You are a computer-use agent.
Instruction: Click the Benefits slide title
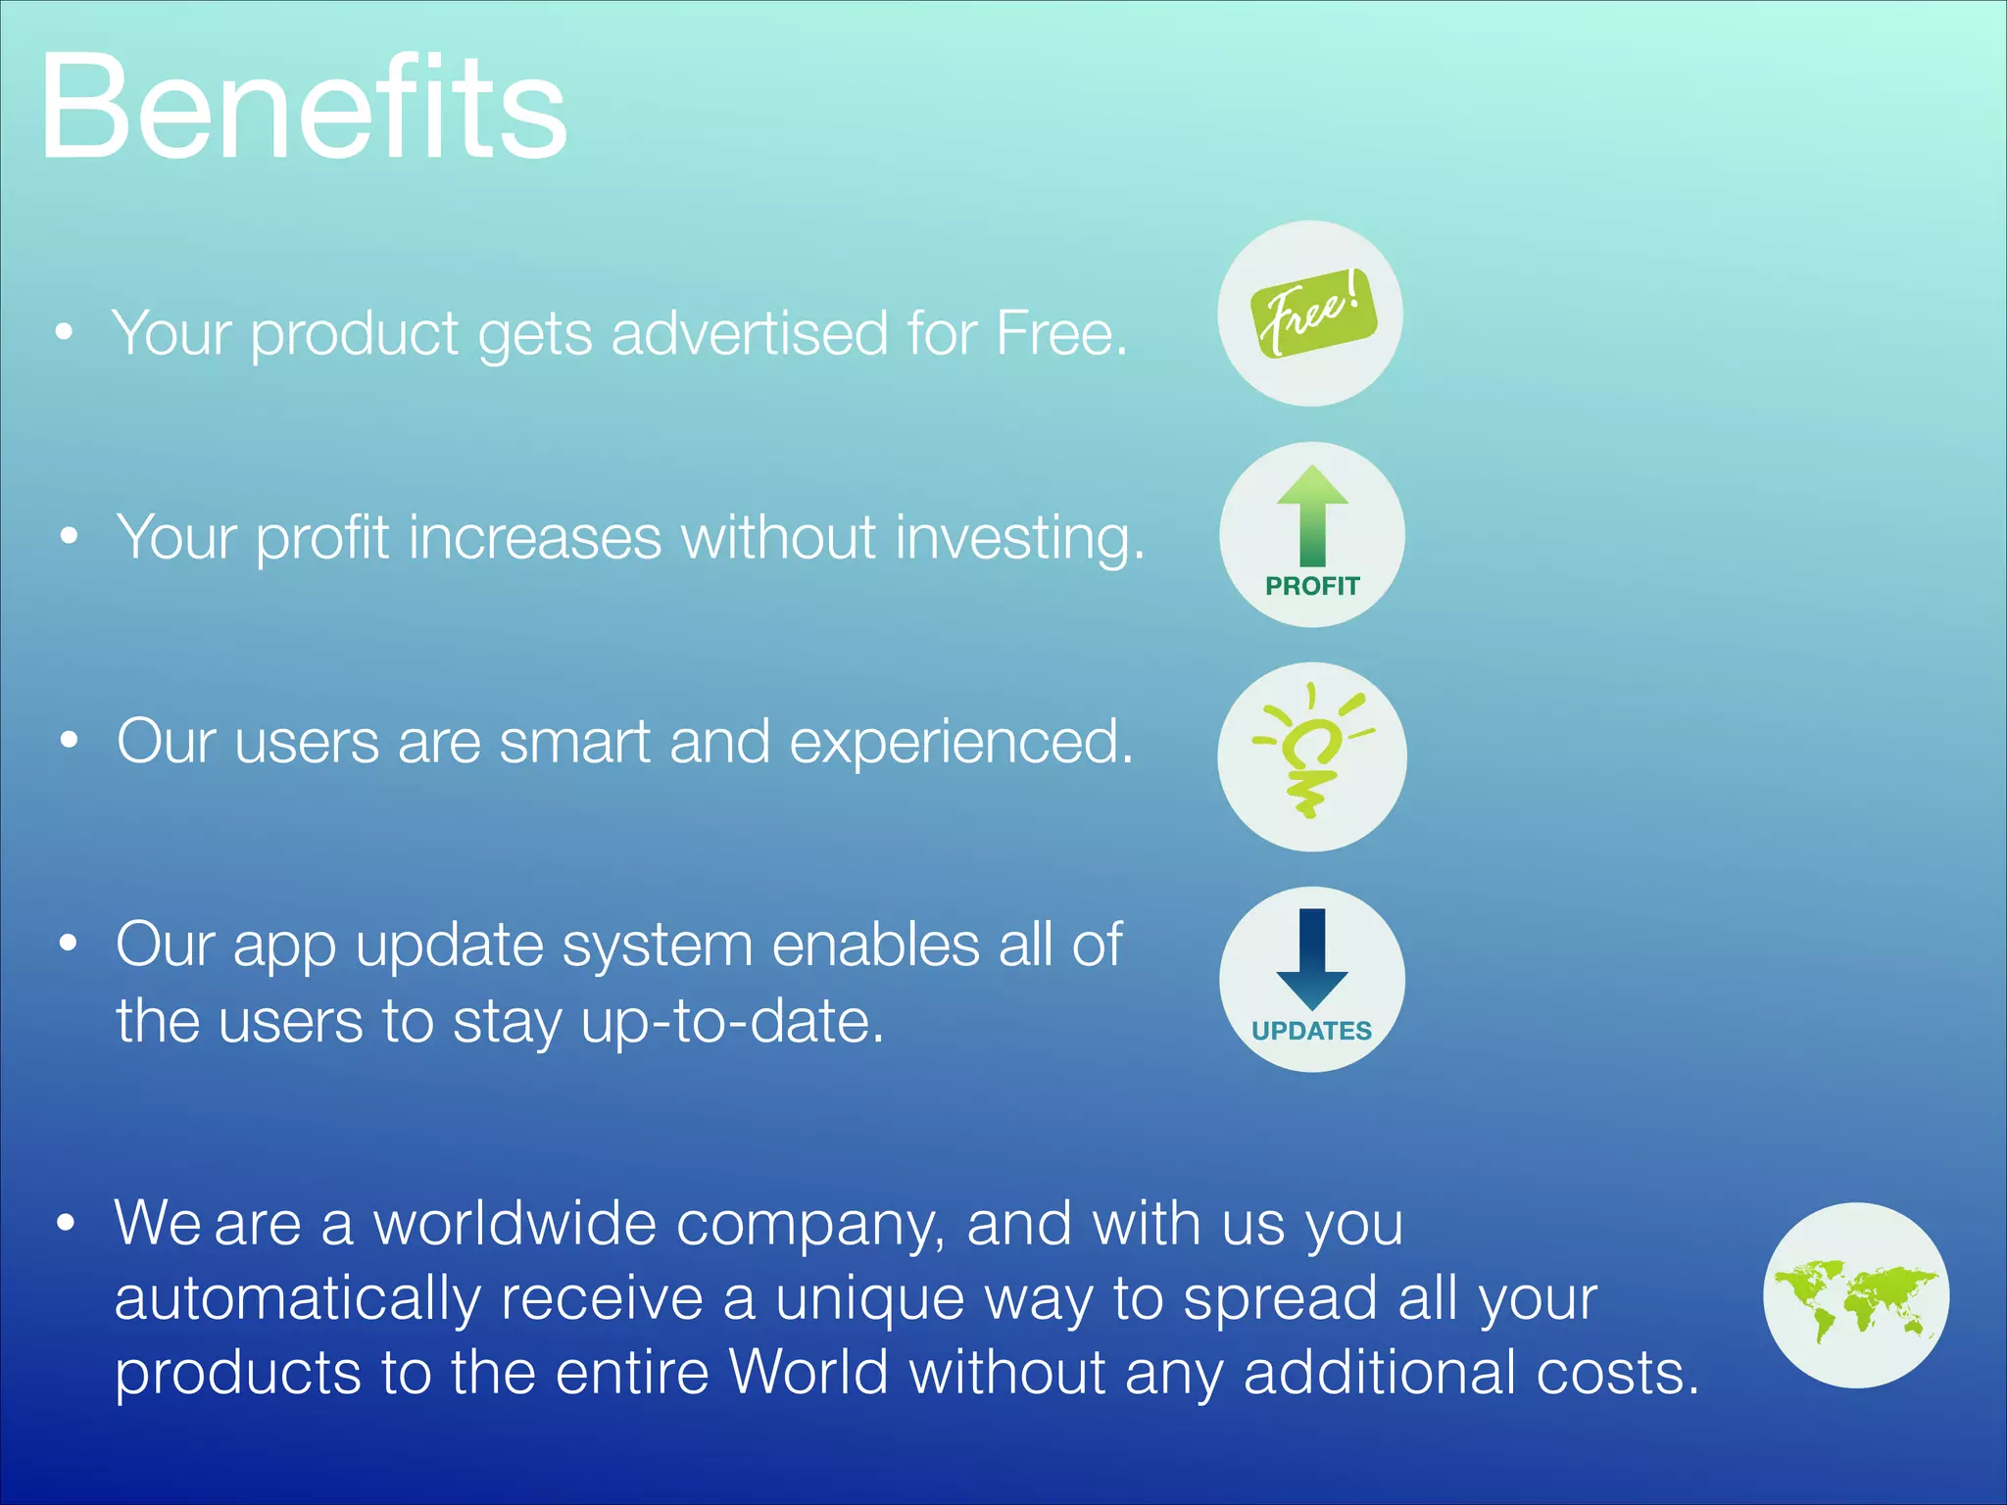pos(304,108)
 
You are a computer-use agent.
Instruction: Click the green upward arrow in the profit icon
pos(1312,514)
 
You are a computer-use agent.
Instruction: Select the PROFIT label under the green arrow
pos(1312,586)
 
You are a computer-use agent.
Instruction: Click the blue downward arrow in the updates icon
pos(1312,958)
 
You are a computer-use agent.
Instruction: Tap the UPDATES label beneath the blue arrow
pos(1311,1031)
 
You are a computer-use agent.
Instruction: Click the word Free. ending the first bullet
pos(1061,333)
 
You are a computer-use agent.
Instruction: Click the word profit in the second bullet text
pos(322,539)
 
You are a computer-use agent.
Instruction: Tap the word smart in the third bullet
pos(575,742)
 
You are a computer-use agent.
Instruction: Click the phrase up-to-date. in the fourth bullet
pos(732,1022)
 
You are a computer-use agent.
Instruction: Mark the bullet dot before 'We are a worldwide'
pos(66,1223)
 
